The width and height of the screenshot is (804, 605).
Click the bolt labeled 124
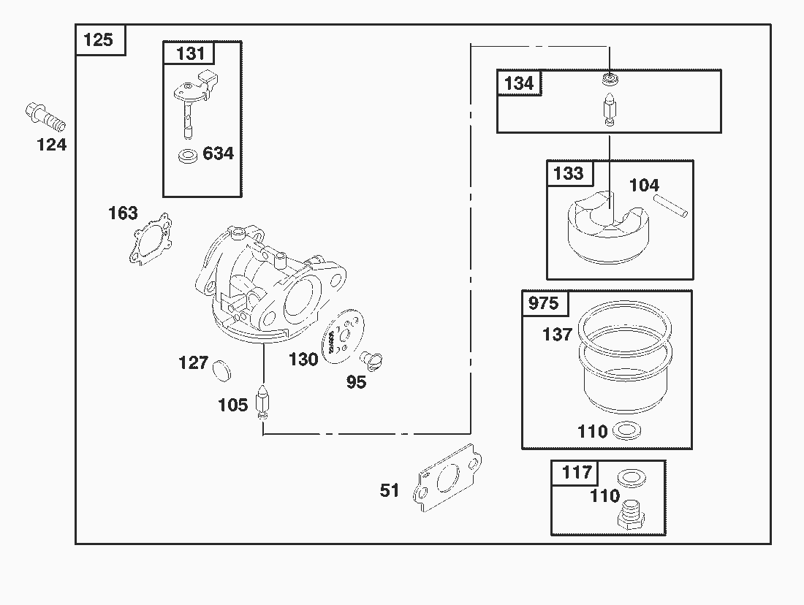tap(46, 116)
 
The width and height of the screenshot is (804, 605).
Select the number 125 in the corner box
tap(99, 39)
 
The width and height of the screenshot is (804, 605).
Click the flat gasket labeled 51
tap(445, 478)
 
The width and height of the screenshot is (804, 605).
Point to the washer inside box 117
tap(632, 479)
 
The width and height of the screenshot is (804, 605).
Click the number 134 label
tap(519, 83)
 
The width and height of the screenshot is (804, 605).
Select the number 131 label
tap(190, 53)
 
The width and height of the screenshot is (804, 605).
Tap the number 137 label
tap(557, 335)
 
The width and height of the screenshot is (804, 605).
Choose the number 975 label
tap(543, 303)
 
